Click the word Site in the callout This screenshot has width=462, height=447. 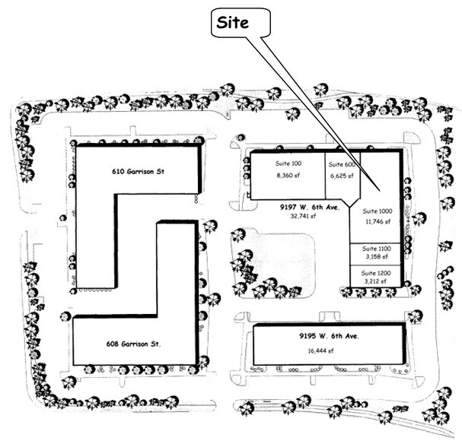(x=232, y=23)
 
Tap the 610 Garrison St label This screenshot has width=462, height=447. (x=138, y=171)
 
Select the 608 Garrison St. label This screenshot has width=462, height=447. (x=133, y=344)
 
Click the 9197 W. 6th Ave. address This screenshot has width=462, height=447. (x=310, y=208)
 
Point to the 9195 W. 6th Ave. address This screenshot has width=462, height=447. (x=329, y=336)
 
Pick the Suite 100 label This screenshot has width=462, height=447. (x=288, y=163)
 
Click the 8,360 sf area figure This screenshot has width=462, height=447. (x=288, y=176)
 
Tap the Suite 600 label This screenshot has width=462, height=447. (x=342, y=164)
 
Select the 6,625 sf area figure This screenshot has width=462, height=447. (x=342, y=176)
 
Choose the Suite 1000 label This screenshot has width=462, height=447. (x=378, y=211)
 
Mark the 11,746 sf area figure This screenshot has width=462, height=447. (x=378, y=221)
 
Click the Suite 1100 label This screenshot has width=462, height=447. (x=377, y=249)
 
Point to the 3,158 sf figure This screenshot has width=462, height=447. (x=377, y=257)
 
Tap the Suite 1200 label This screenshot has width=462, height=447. (x=376, y=273)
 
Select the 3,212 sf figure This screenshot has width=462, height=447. (x=375, y=281)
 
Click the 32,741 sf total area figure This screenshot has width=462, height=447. (x=303, y=216)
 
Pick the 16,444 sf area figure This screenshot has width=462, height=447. (x=321, y=350)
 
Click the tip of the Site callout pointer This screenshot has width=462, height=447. (x=379, y=191)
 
